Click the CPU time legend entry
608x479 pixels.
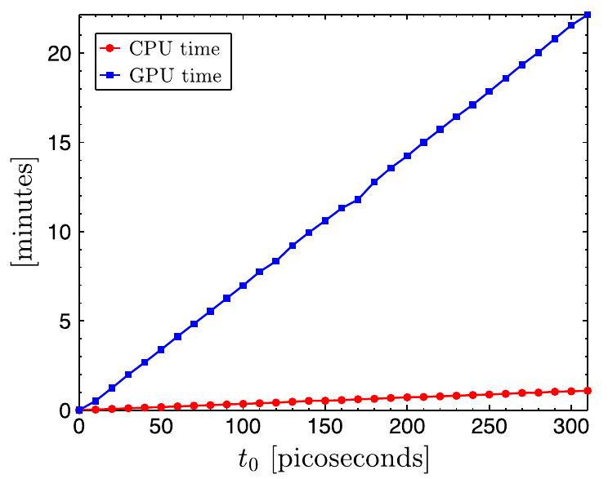pyautogui.click(x=159, y=49)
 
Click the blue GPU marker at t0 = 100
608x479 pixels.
pyautogui.click(x=243, y=286)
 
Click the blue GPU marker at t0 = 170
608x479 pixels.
pyautogui.click(x=358, y=199)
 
